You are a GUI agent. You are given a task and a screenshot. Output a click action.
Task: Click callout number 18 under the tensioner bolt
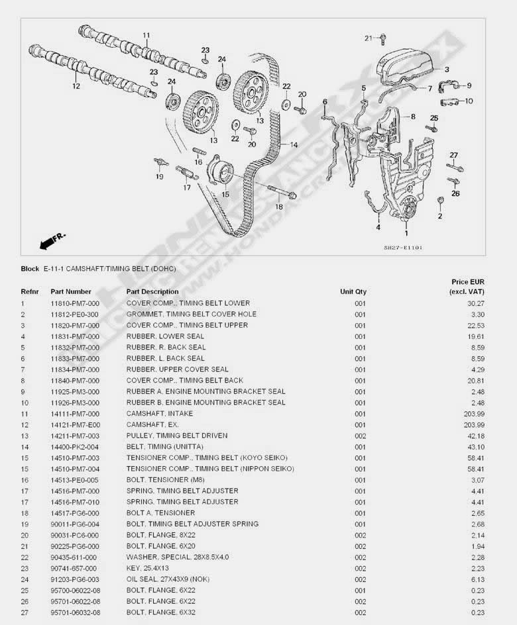[x=279, y=207]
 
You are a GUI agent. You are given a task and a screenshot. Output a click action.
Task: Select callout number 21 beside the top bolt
[x=369, y=38]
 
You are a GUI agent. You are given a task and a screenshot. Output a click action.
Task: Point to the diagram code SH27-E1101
[x=402, y=248]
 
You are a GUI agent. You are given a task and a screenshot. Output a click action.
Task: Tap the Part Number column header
[x=71, y=291]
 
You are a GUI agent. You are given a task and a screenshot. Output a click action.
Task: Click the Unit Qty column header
[x=353, y=291]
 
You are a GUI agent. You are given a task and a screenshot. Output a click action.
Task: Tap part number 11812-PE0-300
[x=75, y=314]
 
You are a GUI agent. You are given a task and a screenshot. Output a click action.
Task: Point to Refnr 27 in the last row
[x=25, y=612]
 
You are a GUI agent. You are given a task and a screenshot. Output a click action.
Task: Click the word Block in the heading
[x=30, y=269]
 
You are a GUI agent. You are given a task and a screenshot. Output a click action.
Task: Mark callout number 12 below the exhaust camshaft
[x=76, y=85]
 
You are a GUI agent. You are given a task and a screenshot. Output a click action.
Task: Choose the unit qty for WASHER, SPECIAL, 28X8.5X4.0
[x=360, y=557]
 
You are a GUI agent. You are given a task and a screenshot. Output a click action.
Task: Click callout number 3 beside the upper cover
[x=447, y=69]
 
